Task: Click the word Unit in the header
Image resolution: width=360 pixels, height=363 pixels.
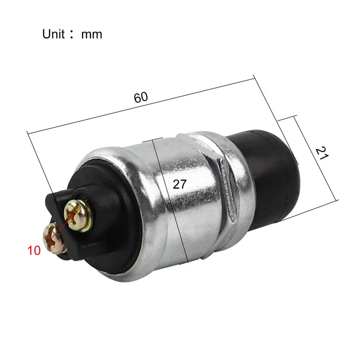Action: [53, 34]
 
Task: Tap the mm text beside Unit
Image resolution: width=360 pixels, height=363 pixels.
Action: [92, 35]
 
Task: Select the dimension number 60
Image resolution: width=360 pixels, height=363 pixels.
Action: [141, 97]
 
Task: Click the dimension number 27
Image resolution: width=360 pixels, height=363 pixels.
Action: [180, 184]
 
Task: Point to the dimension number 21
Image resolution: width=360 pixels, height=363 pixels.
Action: [322, 153]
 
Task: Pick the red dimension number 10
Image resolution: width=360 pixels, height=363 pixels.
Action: [34, 250]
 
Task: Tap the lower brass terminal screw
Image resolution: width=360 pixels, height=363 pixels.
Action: [54, 239]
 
